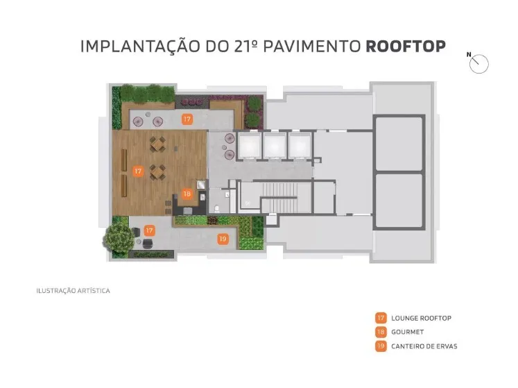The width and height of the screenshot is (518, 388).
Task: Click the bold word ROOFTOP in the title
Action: (406, 47)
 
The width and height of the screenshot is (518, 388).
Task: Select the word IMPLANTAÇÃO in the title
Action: (140, 46)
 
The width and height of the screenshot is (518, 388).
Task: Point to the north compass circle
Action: (478, 64)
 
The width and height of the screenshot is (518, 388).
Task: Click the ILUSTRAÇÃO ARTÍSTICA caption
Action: (73, 291)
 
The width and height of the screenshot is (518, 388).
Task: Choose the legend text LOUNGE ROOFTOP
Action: (421, 318)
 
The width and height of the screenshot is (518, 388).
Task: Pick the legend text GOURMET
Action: (407, 332)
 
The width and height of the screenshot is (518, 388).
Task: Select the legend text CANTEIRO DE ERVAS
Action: (424, 346)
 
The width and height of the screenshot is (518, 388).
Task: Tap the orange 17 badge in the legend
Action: (381, 318)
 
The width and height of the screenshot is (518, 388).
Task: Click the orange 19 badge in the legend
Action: (381, 346)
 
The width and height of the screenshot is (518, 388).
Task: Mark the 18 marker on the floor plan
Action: (187, 194)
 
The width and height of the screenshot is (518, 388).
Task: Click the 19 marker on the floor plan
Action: (223, 239)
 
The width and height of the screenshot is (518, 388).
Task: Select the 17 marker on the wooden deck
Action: (138, 171)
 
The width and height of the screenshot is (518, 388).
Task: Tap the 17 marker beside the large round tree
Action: (149, 230)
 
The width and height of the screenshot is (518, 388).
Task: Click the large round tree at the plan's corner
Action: (119, 237)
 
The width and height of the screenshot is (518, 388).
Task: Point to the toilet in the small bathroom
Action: (216, 208)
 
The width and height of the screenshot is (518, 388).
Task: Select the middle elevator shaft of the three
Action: (275, 146)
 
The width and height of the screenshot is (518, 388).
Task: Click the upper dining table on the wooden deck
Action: (157, 144)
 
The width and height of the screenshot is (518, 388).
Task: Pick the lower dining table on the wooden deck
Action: (157, 172)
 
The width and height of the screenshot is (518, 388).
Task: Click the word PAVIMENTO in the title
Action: (312, 47)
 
